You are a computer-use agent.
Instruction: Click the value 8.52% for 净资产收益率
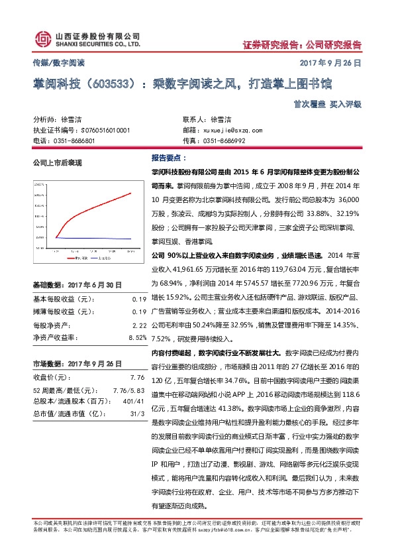point(136,337)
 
